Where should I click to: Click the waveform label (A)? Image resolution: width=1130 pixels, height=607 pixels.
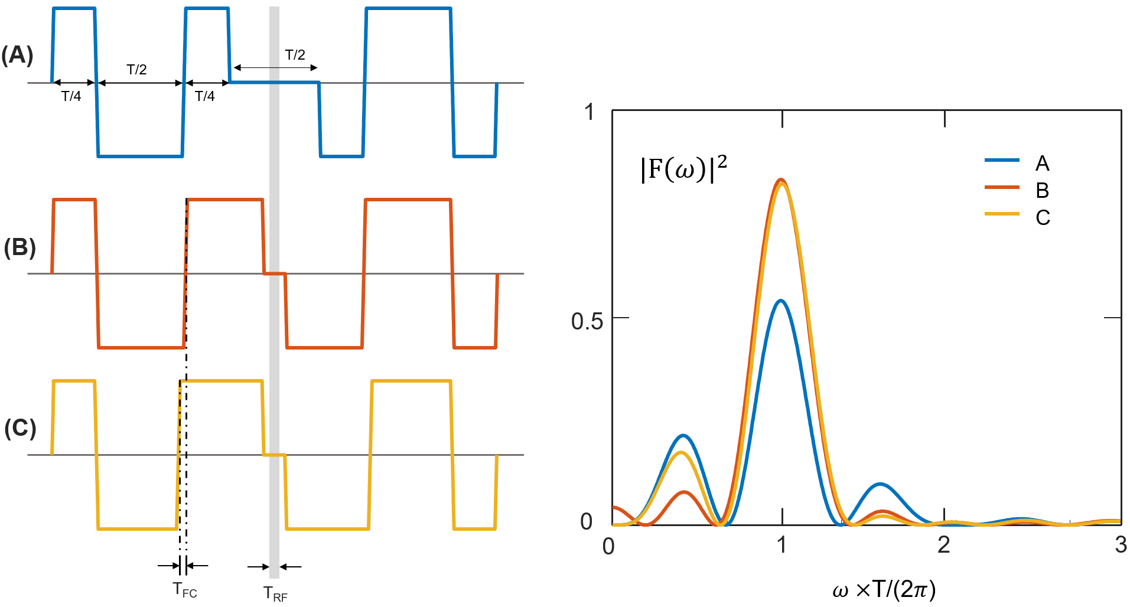tap(17, 55)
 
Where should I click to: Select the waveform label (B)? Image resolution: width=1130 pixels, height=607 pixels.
tap(19, 247)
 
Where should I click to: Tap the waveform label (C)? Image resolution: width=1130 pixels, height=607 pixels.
tap(20, 428)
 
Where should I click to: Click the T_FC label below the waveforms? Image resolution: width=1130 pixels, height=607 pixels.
tap(185, 590)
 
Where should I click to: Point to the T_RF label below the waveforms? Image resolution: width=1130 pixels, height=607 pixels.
tap(275, 593)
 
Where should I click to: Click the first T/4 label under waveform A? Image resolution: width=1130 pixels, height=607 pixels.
tap(71, 96)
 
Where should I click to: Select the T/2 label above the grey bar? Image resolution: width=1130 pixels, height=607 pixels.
tap(295, 55)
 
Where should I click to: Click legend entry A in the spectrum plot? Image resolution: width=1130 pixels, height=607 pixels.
tap(1042, 164)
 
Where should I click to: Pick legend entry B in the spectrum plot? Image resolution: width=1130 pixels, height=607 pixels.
tap(1042, 191)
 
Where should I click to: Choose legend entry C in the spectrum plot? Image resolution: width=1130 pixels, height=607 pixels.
tap(1043, 218)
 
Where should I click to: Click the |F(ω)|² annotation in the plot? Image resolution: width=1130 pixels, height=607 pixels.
tap(683, 169)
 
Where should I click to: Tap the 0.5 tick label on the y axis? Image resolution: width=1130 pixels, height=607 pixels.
tap(587, 321)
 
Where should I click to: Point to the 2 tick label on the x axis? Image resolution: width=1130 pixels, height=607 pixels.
tap(943, 545)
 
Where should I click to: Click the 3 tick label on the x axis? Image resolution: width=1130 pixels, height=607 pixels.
tap(1121, 545)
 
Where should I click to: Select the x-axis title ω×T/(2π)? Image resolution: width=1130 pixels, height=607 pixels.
tap(884, 589)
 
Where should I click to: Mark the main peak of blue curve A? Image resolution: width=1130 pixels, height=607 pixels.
tap(781, 301)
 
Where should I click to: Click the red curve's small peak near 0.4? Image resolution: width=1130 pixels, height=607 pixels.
tap(684, 492)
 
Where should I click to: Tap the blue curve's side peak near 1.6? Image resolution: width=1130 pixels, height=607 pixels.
tap(880, 484)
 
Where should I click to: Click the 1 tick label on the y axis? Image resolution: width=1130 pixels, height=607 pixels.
tap(590, 112)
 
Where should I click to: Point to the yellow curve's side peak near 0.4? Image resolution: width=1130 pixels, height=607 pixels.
tap(683, 453)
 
